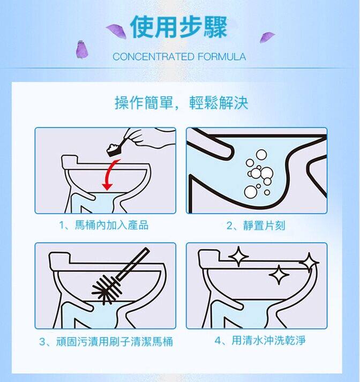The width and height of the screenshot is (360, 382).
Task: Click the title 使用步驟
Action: click(x=179, y=27)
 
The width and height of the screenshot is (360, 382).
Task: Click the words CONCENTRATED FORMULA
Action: click(x=179, y=57)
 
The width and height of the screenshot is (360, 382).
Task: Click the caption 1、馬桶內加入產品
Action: click(x=104, y=226)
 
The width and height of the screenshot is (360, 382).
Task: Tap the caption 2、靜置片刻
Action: click(x=256, y=226)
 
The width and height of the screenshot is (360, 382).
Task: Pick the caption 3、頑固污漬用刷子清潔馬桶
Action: click(x=106, y=341)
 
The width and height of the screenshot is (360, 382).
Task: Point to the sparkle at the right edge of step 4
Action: click(x=309, y=262)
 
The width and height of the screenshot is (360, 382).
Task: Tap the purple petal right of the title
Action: click(x=266, y=37)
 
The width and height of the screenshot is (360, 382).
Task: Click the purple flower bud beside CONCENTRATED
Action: click(x=82, y=50)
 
